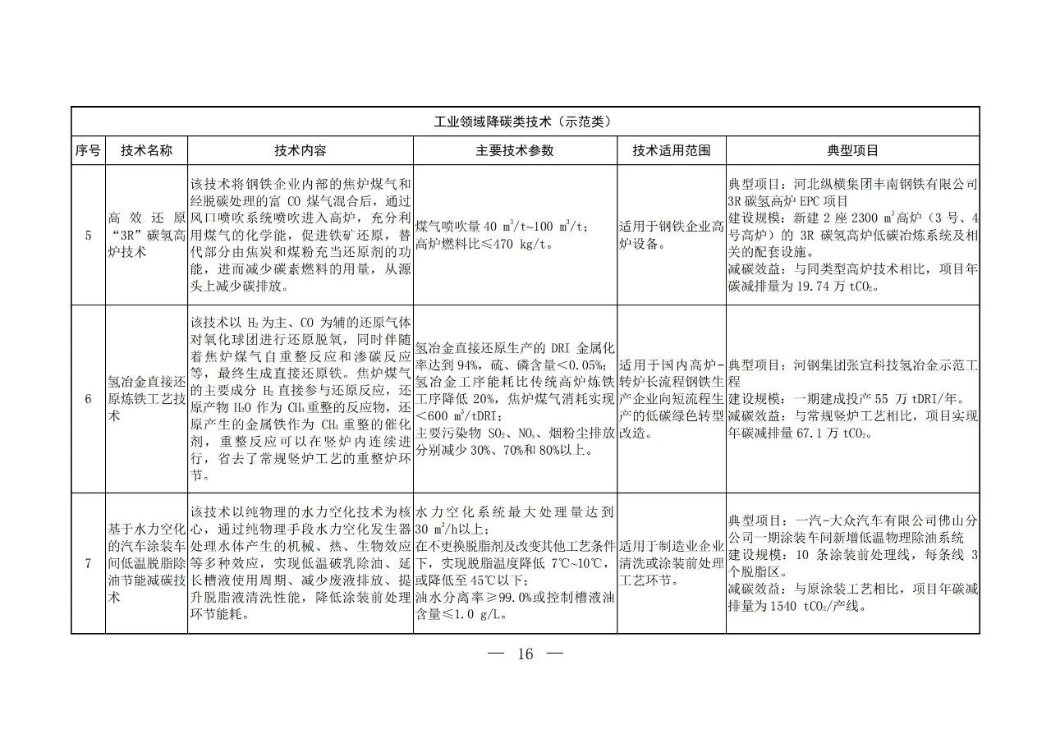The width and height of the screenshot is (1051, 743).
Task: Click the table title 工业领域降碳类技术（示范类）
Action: pos(525,122)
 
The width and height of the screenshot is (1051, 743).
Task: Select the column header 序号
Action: pos(88,151)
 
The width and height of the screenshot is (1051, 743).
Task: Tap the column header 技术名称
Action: pos(147,151)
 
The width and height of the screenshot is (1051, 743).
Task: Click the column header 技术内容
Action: pos(301,151)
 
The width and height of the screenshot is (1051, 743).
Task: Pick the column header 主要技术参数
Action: pos(515,151)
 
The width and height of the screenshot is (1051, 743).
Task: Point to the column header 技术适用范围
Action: pos(672,151)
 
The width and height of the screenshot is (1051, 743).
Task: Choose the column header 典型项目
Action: pos(852,151)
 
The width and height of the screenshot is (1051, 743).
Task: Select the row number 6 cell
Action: pos(88,399)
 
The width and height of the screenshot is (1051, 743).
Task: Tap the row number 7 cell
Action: pos(88,562)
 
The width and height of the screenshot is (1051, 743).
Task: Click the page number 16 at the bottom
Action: pos(525,654)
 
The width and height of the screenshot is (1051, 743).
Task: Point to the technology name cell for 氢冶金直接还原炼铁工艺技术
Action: pos(147,399)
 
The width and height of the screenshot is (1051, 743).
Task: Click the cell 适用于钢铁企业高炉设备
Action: pos(672,236)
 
